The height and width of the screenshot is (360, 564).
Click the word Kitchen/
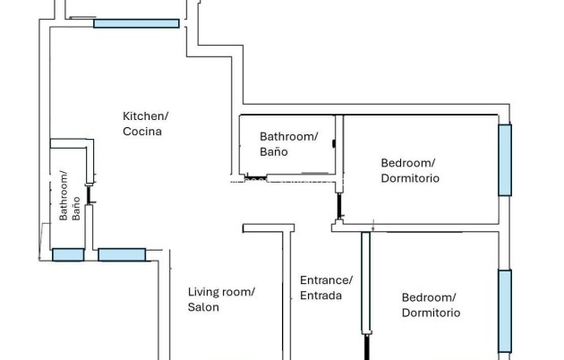[146, 116]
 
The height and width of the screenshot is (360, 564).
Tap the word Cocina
[142, 132]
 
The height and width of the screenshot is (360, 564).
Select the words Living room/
[221, 292]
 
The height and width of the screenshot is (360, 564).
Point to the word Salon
[203, 307]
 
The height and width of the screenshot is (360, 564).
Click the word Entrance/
[326, 280]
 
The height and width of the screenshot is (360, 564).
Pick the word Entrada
[320, 296]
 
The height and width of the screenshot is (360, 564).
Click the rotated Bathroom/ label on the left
[64, 195]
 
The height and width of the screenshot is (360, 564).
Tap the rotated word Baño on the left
[76, 209]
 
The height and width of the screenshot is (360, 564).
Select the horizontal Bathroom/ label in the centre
[288, 137]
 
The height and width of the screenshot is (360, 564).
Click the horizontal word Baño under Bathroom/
[274, 151]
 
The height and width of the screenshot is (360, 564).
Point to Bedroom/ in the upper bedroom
[408, 163]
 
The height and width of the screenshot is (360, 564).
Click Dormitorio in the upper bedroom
[410, 178]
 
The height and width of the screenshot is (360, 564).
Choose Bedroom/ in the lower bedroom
[429, 297]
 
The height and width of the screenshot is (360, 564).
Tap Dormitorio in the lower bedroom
[431, 313]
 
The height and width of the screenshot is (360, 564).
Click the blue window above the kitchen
[136, 23]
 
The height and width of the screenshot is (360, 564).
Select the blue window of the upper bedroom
[505, 160]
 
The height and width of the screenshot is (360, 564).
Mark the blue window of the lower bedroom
[505, 311]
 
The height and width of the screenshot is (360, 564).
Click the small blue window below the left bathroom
[68, 254]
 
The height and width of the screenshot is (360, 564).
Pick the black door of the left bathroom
[89, 194]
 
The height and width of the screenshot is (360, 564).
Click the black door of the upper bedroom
[338, 206]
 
